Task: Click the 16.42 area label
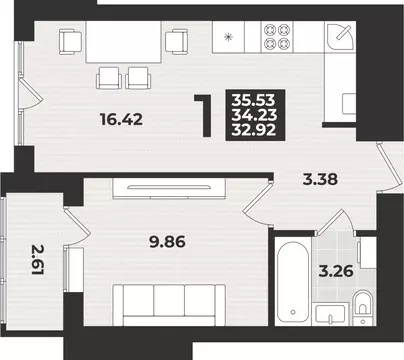(122, 119)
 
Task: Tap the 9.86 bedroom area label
(167, 242)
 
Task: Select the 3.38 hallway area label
(320, 180)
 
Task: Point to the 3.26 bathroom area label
(336, 272)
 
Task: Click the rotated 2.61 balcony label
(38, 260)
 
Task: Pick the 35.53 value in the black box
(254, 100)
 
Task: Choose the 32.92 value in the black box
(254, 130)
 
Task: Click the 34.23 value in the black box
(254, 115)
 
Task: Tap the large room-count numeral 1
(204, 116)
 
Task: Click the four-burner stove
(276, 37)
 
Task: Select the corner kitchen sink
(340, 37)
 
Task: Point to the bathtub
(293, 281)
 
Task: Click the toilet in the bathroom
(363, 304)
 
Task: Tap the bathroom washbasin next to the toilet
(330, 314)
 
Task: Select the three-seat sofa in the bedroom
(169, 305)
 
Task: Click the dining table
(123, 42)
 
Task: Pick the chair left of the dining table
(70, 41)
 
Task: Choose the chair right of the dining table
(177, 41)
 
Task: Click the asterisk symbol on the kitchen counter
(229, 37)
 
